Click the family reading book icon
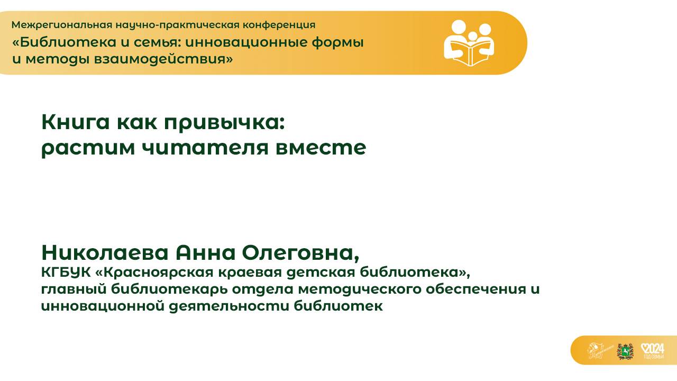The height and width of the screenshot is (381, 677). [x=469, y=43]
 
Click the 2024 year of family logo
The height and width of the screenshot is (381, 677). [x=652, y=350]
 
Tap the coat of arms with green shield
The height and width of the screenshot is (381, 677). [x=625, y=351]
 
